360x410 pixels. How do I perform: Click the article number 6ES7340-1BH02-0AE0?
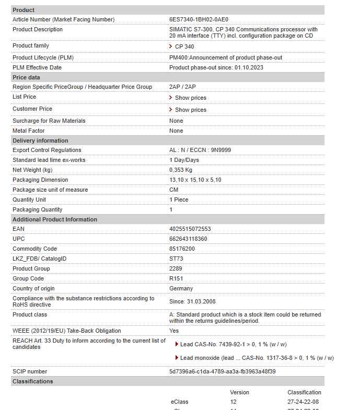(x=199, y=19)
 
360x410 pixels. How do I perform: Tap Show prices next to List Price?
(x=190, y=98)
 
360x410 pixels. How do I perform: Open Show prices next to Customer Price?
(x=190, y=110)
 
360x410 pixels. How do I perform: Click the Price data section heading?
(x=26, y=77)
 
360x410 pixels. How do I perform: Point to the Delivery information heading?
(x=40, y=140)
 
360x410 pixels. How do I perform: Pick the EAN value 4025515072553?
(x=190, y=229)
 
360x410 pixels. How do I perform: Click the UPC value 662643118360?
(x=188, y=239)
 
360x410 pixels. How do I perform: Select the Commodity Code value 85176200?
(x=182, y=249)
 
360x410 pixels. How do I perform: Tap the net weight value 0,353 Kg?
(x=181, y=170)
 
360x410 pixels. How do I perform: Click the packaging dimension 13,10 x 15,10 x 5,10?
(x=195, y=180)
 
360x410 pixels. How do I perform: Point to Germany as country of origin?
(x=181, y=288)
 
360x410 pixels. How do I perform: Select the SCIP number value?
(x=222, y=371)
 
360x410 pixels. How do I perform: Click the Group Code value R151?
(x=176, y=278)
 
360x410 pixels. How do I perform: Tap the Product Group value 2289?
(x=176, y=268)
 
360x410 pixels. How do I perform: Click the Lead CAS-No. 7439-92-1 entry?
(x=233, y=344)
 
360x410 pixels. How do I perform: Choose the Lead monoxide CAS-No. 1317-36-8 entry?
(x=257, y=358)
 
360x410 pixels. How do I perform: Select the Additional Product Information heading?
(x=55, y=219)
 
